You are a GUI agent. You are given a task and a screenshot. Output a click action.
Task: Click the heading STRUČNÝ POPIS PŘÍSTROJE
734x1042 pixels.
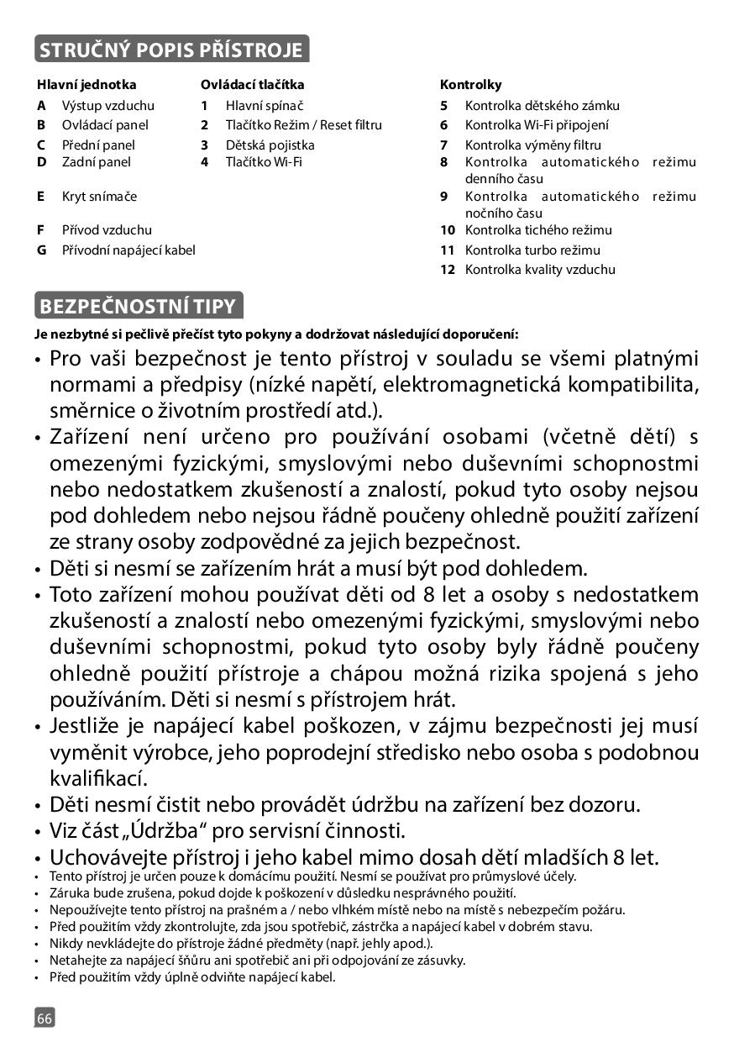click(x=171, y=50)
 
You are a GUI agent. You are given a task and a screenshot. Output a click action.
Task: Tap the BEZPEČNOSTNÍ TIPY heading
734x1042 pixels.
click(x=139, y=305)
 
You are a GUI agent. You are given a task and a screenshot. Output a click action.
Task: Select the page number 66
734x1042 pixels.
click(x=45, y=1018)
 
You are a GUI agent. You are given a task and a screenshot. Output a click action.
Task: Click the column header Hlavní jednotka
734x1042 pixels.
click(x=86, y=85)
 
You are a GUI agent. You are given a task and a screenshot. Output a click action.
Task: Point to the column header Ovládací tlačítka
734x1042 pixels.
click(x=252, y=85)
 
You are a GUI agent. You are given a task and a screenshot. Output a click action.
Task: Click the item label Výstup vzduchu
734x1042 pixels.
click(x=108, y=106)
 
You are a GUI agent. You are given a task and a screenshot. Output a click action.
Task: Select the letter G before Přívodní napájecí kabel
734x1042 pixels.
click(x=41, y=250)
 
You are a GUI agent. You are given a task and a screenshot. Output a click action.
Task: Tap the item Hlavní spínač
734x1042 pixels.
click(x=264, y=106)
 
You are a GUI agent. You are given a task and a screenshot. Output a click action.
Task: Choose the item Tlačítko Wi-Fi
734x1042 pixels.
click(x=264, y=161)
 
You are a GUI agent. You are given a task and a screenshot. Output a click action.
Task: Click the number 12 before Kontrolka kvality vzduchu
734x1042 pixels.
click(x=448, y=270)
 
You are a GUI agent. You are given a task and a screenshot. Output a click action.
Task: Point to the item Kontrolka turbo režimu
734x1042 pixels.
click(x=532, y=250)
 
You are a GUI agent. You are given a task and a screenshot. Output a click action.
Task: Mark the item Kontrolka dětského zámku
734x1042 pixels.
click(x=542, y=106)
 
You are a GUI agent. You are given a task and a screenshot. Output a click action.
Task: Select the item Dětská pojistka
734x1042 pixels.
click(x=270, y=145)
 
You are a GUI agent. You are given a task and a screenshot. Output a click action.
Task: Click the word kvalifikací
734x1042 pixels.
click(x=97, y=778)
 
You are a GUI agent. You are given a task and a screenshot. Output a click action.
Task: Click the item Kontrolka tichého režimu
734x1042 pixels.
click(x=538, y=229)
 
